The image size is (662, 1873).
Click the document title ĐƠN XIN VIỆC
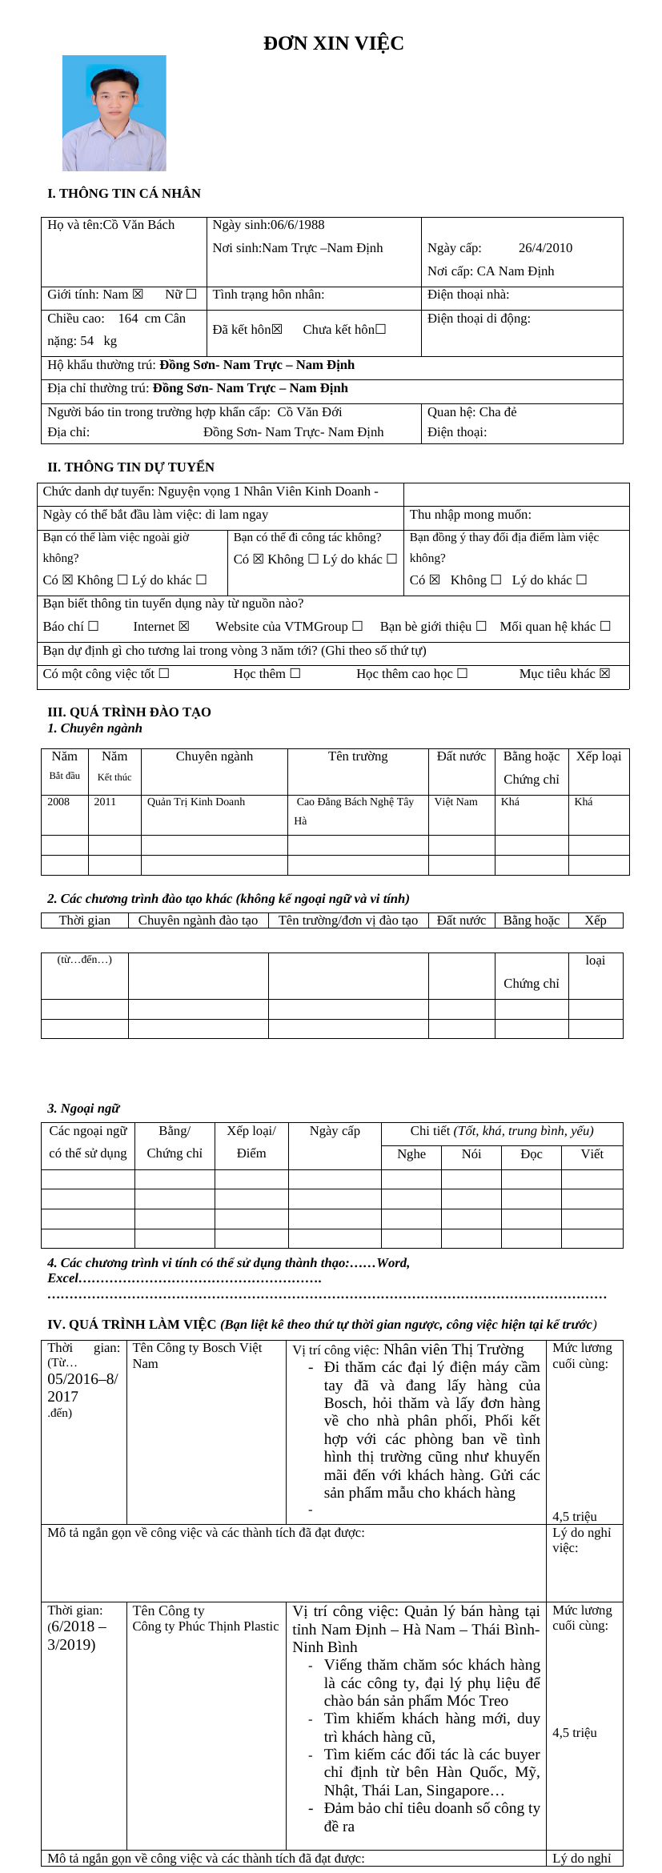(333, 44)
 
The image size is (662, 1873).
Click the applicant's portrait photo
(114, 113)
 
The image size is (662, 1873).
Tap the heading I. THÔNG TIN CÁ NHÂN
(124, 194)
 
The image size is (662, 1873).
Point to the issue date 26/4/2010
(545, 248)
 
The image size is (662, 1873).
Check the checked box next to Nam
(138, 295)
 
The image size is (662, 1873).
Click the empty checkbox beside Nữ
(191, 295)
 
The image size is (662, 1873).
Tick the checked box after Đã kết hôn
(277, 330)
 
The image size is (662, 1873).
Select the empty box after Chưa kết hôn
(380, 330)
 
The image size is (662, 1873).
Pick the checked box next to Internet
(184, 627)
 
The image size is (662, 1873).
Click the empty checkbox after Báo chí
(94, 627)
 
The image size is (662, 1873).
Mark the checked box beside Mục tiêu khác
(604, 674)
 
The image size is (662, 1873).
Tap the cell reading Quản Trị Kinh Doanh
(196, 802)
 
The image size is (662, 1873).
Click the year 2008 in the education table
(58, 802)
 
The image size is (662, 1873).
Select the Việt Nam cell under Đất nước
(456, 802)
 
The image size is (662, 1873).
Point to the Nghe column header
(411, 1154)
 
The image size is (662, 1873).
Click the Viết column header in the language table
(592, 1154)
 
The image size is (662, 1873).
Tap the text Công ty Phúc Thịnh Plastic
(206, 1626)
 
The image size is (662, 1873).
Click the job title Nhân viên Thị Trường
(453, 1350)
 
